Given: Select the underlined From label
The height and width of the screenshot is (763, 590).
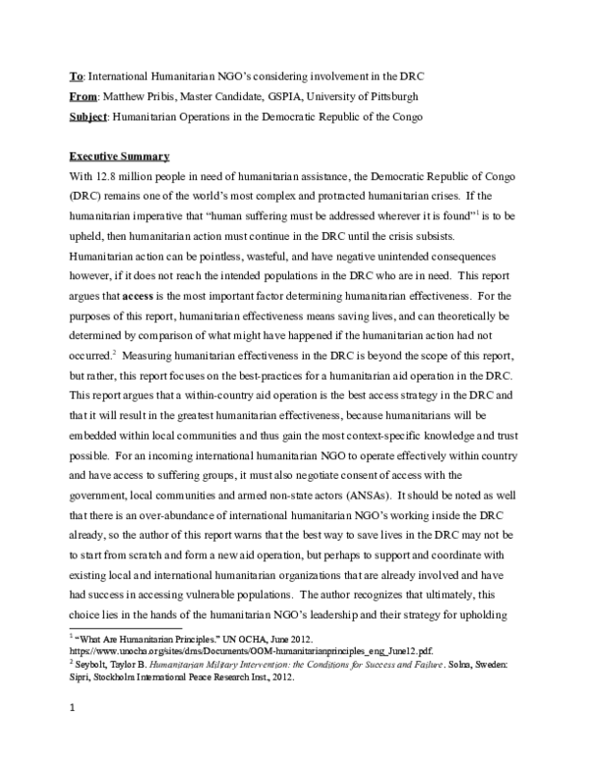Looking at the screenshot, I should pyautogui.click(x=84, y=96).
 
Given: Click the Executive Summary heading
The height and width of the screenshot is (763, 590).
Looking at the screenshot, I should pyautogui.click(x=119, y=157).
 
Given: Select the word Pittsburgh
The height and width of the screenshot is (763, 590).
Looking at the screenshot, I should pyautogui.click(x=418, y=96).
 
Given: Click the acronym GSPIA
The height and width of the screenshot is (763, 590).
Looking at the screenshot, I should pyautogui.click(x=292, y=96).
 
